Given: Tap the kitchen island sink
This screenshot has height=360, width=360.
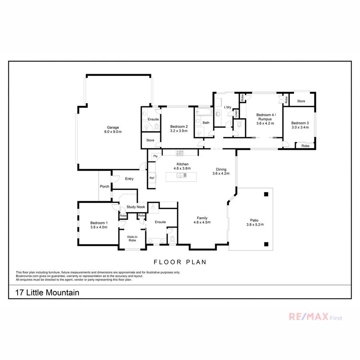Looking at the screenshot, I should click(x=182, y=175).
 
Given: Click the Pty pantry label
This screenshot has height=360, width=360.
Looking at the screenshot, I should click(x=155, y=156).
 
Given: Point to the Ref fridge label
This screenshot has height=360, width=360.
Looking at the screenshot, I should click(x=152, y=178).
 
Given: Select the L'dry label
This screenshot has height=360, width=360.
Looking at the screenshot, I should click(x=228, y=107).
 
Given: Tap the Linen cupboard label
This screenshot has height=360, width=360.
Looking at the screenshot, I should click(x=236, y=113).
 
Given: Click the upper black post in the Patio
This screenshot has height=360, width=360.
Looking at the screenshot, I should click(x=266, y=194).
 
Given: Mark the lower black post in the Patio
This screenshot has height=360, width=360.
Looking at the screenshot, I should click(x=266, y=244).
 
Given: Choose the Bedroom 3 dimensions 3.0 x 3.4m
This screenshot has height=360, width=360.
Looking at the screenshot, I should click(x=300, y=128).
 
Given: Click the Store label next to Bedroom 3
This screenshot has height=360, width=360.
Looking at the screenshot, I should click(x=301, y=101).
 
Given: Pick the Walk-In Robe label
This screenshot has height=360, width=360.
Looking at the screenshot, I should click(x=132, y=238).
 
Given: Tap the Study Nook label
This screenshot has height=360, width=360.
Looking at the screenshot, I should click(x=136, y=207).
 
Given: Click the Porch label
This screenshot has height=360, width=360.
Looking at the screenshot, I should click(x=105, y=186).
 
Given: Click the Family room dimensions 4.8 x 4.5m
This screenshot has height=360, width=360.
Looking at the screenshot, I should click(x=202, y=222).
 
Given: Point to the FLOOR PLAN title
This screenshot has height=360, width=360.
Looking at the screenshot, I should click(x=180, y=262).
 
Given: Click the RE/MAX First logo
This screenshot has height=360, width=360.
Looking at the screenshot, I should click(x=316, y=317).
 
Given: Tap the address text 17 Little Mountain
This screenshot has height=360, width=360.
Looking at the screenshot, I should click(x=47, y=293).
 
